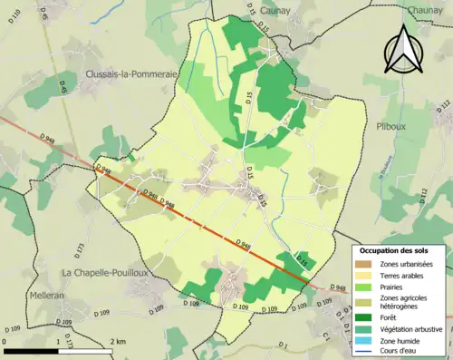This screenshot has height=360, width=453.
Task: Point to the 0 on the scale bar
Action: pyautogui.click(x=6, y=341)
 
